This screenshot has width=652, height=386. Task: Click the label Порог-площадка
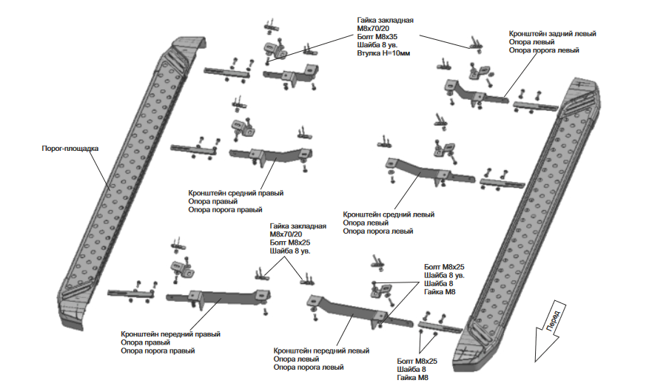point(70,149)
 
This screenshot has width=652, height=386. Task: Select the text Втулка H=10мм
point(383,53)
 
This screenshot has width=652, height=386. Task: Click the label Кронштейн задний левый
point(552,34)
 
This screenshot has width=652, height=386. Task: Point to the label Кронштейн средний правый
point(236,193)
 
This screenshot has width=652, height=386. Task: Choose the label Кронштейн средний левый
point(389,214)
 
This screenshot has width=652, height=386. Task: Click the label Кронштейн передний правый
point(170,334)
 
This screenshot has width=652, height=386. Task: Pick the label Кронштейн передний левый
point(321,351)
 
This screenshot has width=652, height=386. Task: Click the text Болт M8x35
point(377,36)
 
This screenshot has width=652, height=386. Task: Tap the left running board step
point(129,183)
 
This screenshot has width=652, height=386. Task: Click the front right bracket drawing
point(218,298)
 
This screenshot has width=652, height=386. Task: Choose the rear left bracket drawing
point(476,94)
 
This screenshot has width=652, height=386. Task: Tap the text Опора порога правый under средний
point(225,209)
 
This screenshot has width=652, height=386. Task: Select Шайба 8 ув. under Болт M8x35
point(377,45)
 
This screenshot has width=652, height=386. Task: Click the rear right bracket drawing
point(290,75)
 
